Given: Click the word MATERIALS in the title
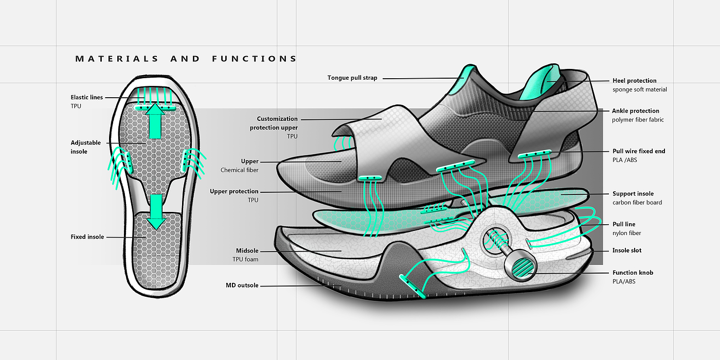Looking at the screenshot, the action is (x=117, y=59).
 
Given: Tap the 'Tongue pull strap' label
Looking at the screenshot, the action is (x=352, y=78).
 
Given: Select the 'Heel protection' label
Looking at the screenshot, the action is (x=634, y=81).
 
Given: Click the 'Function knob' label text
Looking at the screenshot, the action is (x=633, y=273).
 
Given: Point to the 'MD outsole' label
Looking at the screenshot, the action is (x=242, y=285).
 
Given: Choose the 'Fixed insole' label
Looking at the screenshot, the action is (x=87, y=237).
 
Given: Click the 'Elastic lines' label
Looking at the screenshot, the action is (x=86, y=97).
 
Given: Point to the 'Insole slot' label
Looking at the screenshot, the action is (x=627, y=250).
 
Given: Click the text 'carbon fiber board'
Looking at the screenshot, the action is (x=637, y=203).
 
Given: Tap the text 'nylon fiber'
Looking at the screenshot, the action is (x=627, y=233).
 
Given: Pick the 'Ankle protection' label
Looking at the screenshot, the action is (x=635, y=111).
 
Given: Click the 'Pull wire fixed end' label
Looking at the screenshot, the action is (x=639, y=151).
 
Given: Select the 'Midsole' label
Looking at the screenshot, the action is (x=247, y=250).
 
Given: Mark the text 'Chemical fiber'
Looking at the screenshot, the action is (x=239, y=170).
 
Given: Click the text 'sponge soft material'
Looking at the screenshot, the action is (x=639, y=89).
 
